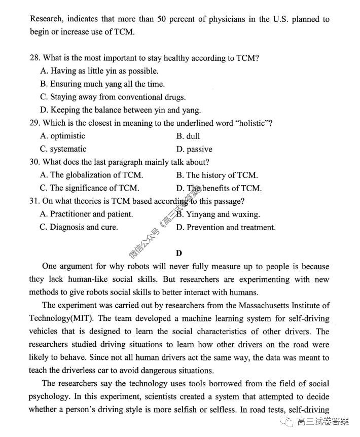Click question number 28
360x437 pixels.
click(x=35, y=58)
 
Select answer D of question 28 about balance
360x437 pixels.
click(x=120, y=110)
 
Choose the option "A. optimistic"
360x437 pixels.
click(x=62, y=136)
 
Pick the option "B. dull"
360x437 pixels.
click(x=188, y=136)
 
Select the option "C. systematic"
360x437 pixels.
click(x=63, y=149)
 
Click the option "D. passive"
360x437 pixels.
click(x=194, y=149)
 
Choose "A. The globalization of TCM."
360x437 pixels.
click(x=91, y=175)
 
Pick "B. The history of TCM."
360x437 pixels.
click(x=217, y=175)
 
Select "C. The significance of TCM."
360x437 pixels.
click(x=89, y=188)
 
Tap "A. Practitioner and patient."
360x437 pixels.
click(x=86, y=214)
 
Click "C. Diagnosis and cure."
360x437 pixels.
click(x=79, y=227)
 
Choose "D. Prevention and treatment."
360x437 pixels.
click(x=226, y=227)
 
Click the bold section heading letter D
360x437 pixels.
click(x=179, y=252)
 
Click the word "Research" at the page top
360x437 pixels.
click(x=47, y=19)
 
